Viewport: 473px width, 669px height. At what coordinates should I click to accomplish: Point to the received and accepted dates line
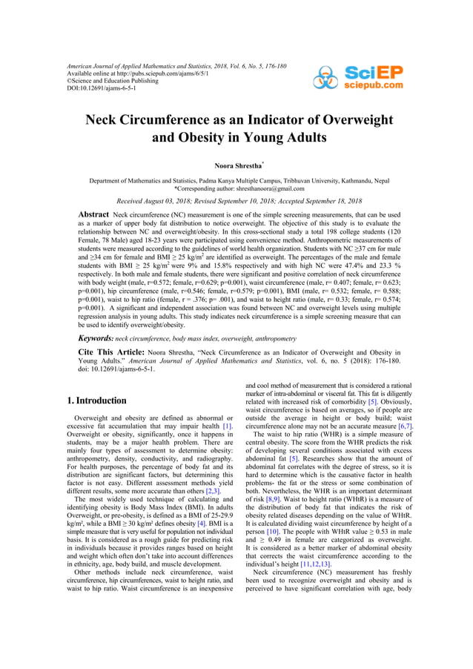(x=236, y=201)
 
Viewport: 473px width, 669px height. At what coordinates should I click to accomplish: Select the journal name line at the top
(x=176, y=67)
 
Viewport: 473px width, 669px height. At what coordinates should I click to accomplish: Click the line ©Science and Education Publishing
(x=112, y=82)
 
